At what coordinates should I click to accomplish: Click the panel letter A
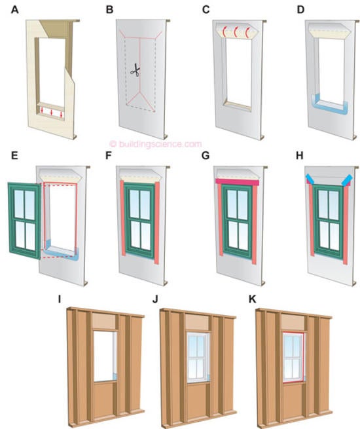15,10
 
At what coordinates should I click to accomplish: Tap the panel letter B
109,10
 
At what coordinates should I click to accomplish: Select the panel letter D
300,10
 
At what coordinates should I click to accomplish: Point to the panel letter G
206,156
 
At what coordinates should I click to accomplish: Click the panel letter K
252,299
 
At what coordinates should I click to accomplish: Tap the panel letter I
60,299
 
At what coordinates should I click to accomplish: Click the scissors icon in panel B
135,70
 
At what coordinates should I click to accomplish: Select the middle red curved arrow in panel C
236,32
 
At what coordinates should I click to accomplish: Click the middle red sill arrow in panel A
52,111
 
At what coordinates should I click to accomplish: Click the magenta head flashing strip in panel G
237,182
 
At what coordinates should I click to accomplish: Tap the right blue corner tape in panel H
347,180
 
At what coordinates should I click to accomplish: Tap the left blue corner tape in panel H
310,179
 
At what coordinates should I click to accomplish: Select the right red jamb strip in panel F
157,223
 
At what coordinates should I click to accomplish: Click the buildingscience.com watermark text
156,144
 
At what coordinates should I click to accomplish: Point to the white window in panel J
198,358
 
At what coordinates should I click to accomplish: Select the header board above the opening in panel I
105,322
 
